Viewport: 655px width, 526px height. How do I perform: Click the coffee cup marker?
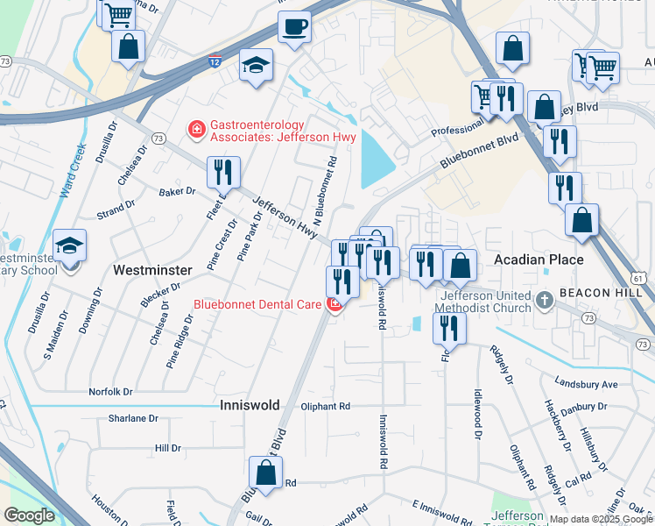pyautogui.click(x=295, y=26)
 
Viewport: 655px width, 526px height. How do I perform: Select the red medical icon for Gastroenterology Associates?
pyautogui.click(x=197, y=131)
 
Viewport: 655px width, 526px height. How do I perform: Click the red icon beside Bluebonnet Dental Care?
pyautogui.click(x=334, y=305)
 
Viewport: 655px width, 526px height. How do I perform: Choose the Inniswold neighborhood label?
pyautogui.click(x=248, y=405)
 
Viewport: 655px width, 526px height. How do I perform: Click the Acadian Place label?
pyautogui.click(x=539, y=260)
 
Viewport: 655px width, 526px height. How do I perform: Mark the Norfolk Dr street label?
pyautogui.click(x=110, y=392)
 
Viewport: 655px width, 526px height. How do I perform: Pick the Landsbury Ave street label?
pyautogui.click(x=586, y=384)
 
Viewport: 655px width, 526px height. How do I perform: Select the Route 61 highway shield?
pyautogui.click(x=640, y=278)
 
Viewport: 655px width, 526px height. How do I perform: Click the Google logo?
pyautogui.click(x=29, y=515)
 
